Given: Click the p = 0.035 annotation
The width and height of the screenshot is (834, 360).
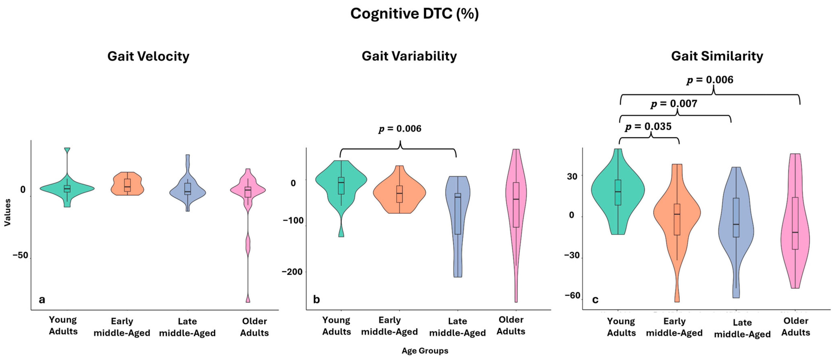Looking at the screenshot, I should pyautogui.click(x=648, y=127).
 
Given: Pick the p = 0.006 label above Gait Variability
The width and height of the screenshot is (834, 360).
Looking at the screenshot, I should pyautogui.click(x=400, y=129).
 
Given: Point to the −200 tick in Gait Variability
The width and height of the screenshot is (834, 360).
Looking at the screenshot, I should pyautogui.click(x=292, y=272).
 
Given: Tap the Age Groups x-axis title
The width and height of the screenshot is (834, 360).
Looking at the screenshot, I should pyautogui.click(x=425, y=351).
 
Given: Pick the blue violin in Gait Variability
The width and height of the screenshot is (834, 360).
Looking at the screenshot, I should pyautogui.click(x=457, y=220).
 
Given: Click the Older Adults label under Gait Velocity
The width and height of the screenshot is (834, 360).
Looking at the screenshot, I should pyautogui.click(x=254, y=327).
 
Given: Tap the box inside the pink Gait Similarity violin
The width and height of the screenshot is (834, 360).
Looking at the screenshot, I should pyautogui.click(x=795, y=223).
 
